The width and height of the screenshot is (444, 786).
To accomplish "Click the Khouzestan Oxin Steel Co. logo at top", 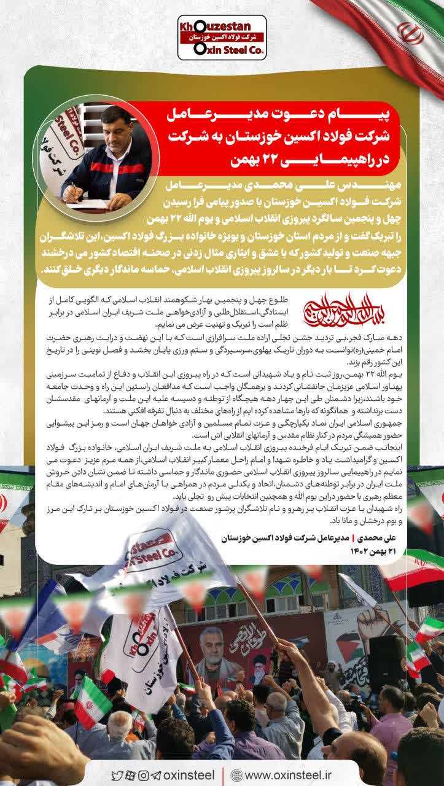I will point(222,37).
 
